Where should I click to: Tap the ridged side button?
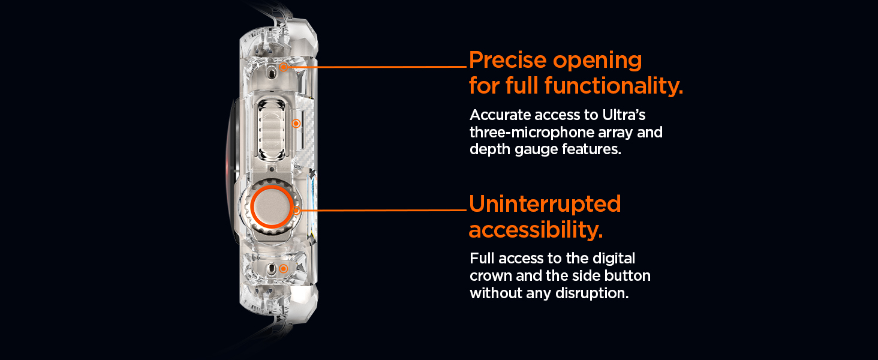click(271, 130)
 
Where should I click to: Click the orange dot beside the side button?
click(296, 124)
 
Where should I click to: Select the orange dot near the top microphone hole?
click(284, 67)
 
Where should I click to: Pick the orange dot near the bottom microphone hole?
click(284, 269)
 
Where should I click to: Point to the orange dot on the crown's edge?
click(296, 211)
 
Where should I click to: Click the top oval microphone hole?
click(271, 71)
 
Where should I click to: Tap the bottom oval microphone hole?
click(271, 269)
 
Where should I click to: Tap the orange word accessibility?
click(536, 229)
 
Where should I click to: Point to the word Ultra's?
click(624, 115)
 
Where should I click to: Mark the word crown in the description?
click(491, 276)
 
